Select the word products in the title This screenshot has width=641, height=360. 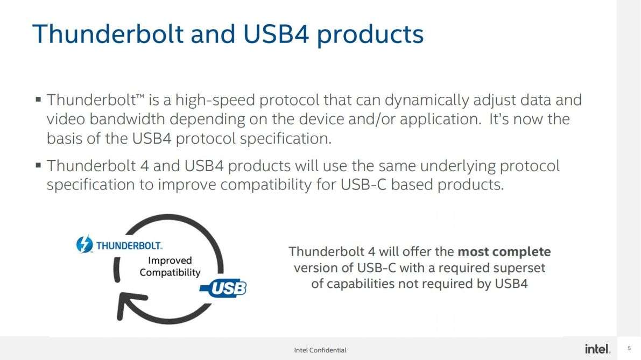(x=370, y=36)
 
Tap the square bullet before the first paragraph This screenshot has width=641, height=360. (x=38, y=99)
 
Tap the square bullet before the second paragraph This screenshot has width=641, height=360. (x=38, y=165)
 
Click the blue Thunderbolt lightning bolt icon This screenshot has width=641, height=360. (x=84, y=244)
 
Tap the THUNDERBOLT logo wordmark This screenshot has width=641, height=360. (x=129, y=245)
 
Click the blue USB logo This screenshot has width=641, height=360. (x=223, y=288)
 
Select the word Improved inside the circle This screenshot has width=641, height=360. (x=170, y=260)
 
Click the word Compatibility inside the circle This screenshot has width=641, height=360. (x=170, y=272)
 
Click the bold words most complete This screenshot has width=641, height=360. (x=504, y=252)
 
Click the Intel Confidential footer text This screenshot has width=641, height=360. (x=320, y=350)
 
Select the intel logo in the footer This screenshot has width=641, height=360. (x=597, y=349)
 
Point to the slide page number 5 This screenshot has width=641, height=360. (x=629, y=349)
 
